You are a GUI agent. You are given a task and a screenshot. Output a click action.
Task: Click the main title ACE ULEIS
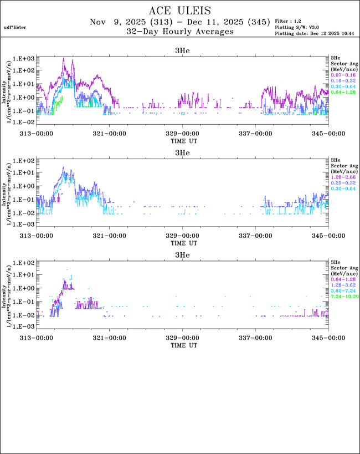[179, 11]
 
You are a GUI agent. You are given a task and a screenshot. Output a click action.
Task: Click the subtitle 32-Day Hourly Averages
[179, 32]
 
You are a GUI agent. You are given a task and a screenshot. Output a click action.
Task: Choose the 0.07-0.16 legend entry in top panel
[340, 75]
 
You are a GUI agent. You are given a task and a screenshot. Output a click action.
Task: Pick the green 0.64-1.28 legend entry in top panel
[340, 92]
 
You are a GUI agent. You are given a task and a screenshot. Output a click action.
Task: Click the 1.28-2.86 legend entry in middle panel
[340, 177]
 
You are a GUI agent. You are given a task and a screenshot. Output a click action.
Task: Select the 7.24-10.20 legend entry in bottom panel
[341, 296]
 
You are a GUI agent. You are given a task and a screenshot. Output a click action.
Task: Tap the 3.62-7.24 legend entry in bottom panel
[340, 290]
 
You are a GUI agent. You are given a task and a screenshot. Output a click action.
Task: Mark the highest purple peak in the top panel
[64, 59]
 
